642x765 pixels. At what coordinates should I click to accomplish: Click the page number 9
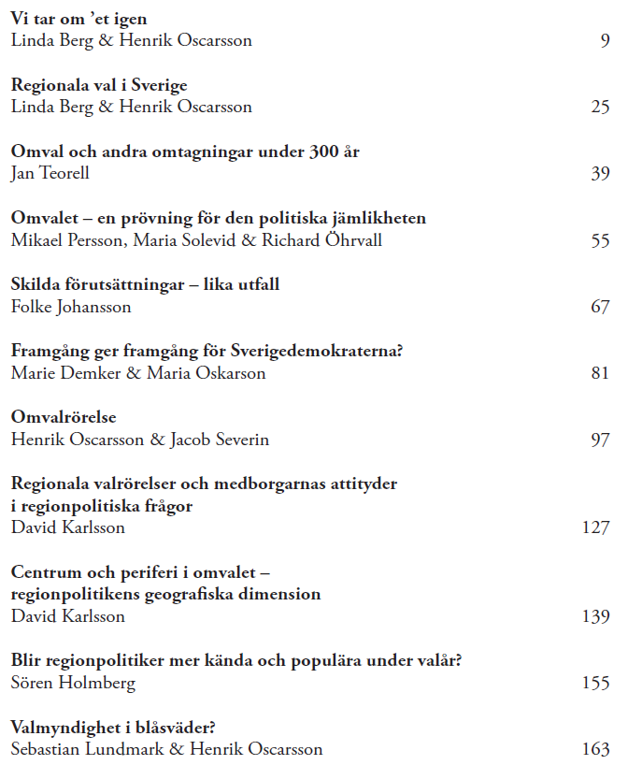point(605,40)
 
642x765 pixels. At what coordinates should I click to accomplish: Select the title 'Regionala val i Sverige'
point(99,85)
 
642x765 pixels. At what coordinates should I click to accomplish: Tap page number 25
point(600,107)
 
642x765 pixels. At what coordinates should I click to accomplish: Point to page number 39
point(600,173)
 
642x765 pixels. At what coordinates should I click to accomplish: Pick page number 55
point(600,240)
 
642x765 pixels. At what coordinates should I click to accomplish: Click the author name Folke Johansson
point(71,307)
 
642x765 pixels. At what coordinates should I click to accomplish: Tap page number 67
point(600,307)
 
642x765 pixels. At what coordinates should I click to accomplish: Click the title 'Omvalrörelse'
point(64,417)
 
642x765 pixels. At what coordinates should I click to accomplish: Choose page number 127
point(595,527)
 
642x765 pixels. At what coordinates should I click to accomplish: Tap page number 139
point(595,616)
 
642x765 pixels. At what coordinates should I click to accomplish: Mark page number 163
point(595,749)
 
